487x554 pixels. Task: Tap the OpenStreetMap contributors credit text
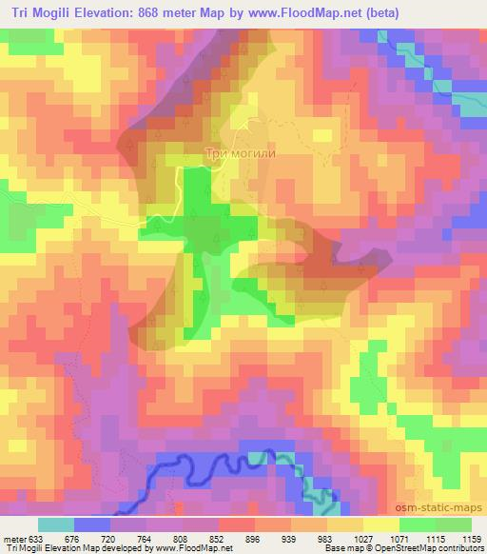436,548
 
